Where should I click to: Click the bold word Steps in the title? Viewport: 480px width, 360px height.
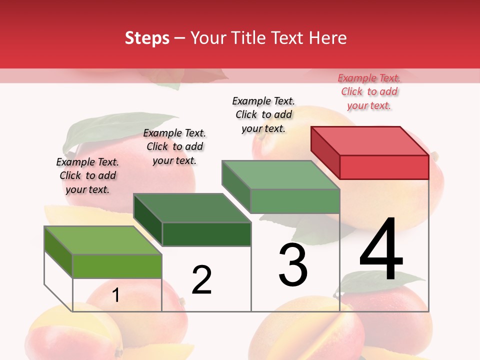point(147,38)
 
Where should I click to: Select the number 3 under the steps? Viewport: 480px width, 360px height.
point(293,265)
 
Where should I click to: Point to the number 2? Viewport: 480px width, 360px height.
point(201,280)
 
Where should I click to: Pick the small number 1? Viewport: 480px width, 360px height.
point(115,295)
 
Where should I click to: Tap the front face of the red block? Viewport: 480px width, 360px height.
point(384,167)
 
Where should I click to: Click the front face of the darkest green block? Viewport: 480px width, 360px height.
point(206,234)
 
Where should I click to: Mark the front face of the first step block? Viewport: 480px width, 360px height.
point(117,266)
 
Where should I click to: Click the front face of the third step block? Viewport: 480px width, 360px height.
point(295,201)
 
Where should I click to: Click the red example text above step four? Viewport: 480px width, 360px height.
point(369,91)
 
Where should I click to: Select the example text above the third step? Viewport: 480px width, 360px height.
point(263,114)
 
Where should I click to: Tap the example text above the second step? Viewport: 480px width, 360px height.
point(174,146)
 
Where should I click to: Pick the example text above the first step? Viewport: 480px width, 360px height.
point(87,175)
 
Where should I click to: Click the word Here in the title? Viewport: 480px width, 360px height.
point(327,38)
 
